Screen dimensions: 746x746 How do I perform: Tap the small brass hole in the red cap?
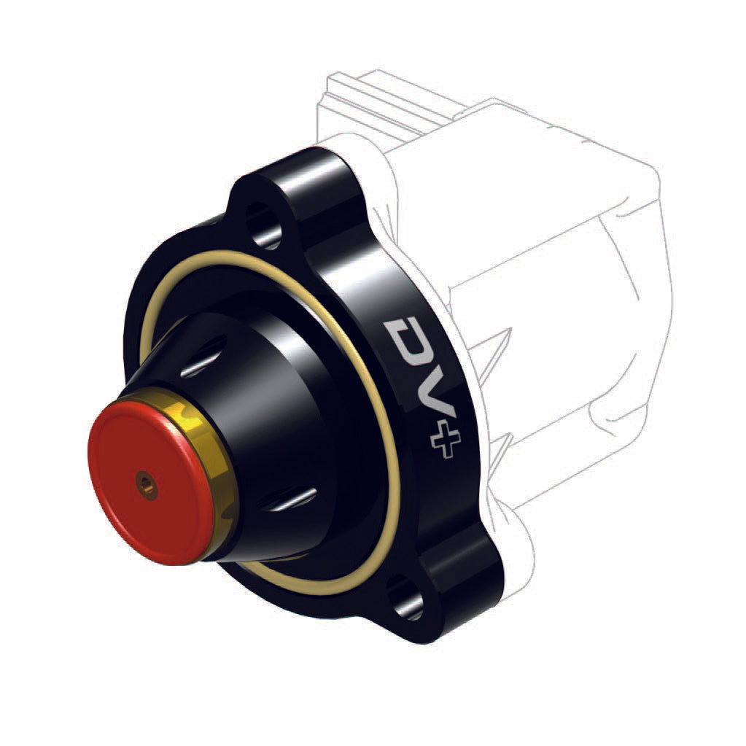pyautogui.click(x=147, y=483)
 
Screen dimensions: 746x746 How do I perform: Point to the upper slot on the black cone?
pyautogui.click(x=205, y=362)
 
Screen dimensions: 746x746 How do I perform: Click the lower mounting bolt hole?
pyautogui.click(x=405, y=599)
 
